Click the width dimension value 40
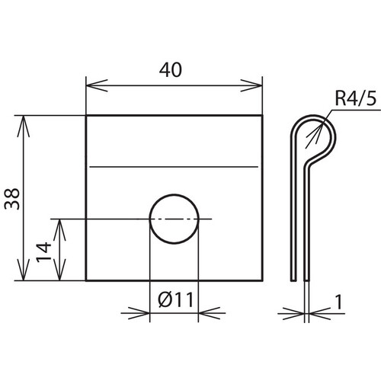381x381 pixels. (x=171, y=70)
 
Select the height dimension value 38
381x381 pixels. (x=12, y=199)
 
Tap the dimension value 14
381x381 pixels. (x=43, y=252)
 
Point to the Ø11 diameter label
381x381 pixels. (x=175, y=299)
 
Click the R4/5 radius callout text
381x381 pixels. (x=355, y=99)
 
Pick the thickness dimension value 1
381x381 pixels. (x=339, y=303)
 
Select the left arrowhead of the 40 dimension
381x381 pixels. (x=97, y=85)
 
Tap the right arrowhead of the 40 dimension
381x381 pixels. (x=251, y=85)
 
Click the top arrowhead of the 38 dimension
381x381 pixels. (x=24, y=126)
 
